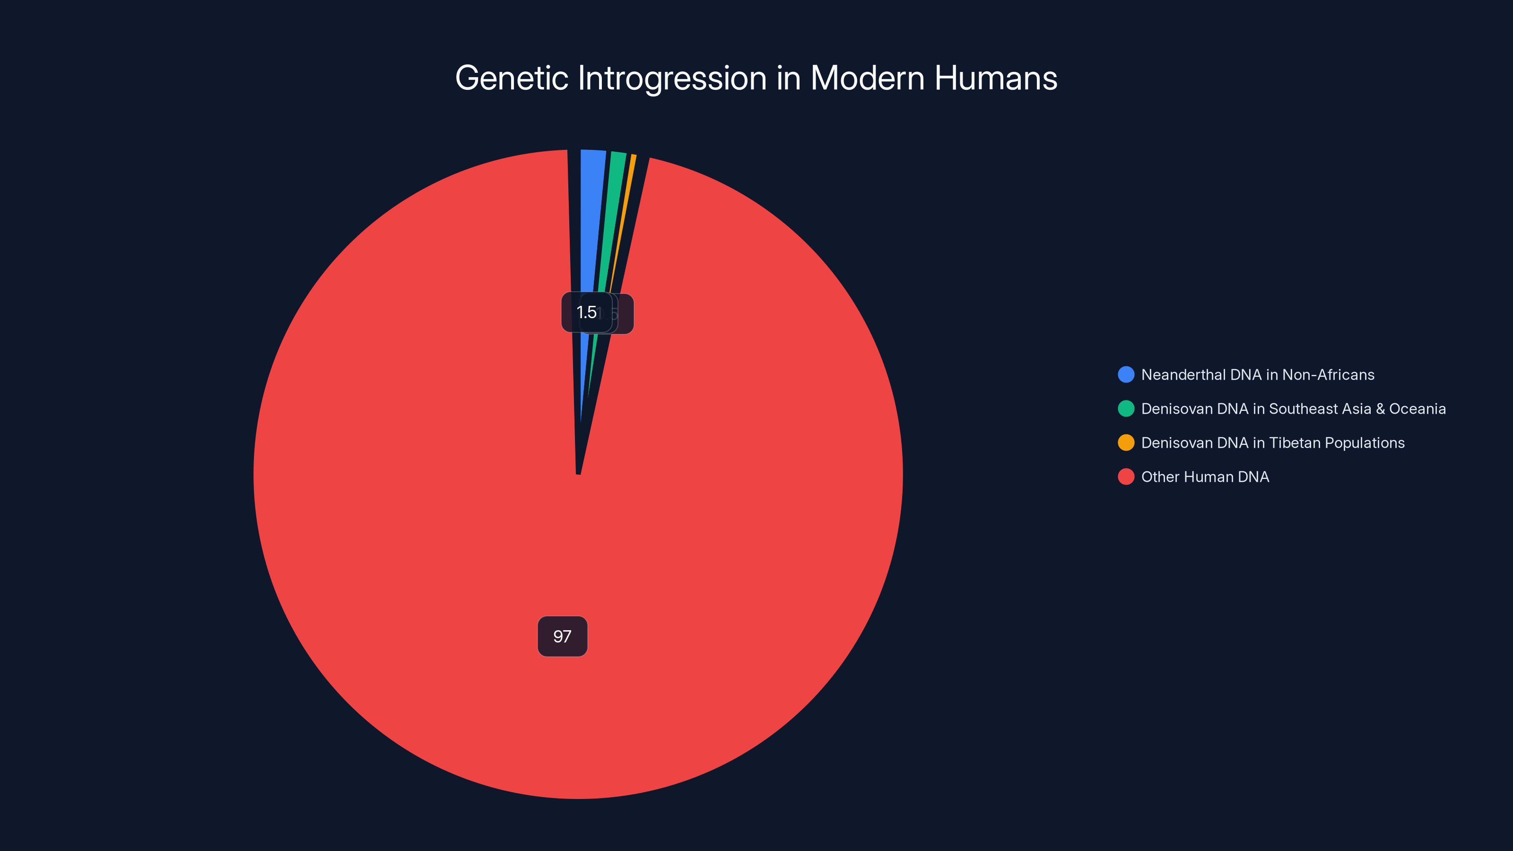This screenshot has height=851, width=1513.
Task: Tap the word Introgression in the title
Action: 672,78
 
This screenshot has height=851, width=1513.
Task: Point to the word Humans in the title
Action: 996,78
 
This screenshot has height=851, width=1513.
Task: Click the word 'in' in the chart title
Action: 788,78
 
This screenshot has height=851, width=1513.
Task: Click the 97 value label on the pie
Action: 562,636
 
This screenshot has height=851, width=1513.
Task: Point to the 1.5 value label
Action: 586,313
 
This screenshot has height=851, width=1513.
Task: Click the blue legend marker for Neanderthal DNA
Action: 1126,375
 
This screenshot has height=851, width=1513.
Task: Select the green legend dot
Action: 1126,409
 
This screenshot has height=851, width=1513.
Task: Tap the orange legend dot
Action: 1126,443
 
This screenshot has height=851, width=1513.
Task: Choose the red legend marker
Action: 1126,477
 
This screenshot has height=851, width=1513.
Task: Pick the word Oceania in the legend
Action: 1417,409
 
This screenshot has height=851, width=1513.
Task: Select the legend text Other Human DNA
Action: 1205,477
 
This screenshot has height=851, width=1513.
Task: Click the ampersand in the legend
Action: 1380,409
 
